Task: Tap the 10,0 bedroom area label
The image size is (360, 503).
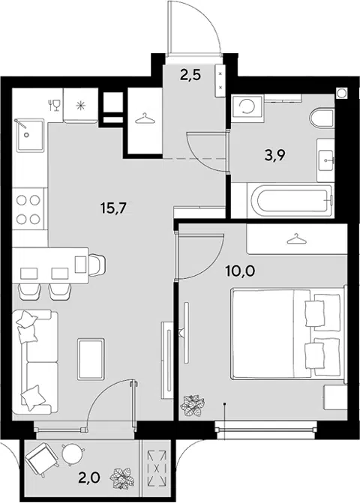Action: point(240,271)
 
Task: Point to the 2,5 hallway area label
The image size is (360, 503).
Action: point(190,76)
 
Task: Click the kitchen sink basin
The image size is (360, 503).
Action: point(31,135)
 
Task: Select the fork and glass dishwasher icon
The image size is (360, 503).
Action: point(55,105)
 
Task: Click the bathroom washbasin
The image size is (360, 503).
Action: point(325,160)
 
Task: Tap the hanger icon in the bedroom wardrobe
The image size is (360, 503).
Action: point(295,239)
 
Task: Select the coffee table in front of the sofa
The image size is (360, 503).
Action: point(91,358)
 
